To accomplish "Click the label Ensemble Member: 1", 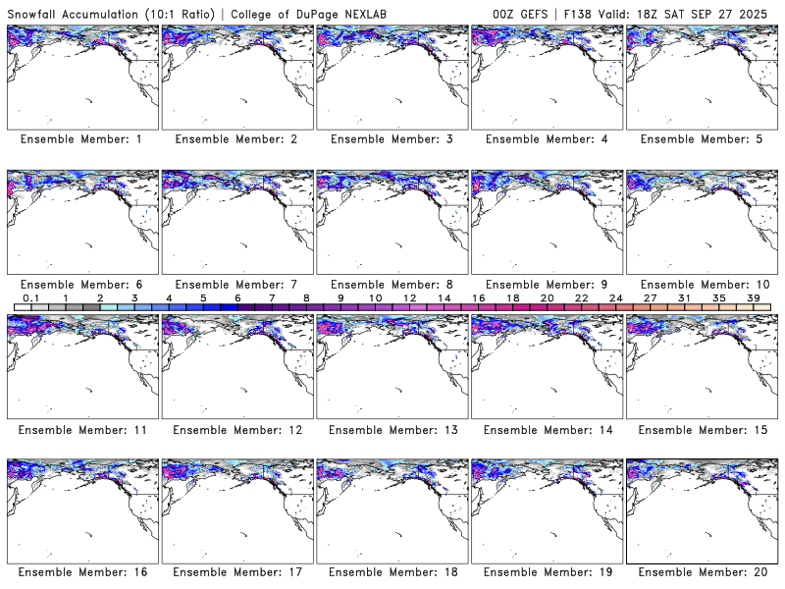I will click(81, 139).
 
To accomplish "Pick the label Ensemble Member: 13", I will click(391, 430).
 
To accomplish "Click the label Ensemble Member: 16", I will click(81, 571).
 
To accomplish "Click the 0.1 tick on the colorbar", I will click(30, 297).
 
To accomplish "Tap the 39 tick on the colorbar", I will click(754, 297).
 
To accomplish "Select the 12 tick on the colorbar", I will click(409, 297).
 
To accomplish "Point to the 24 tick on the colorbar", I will click(615, 297).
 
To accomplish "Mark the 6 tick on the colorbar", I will click(237, 297).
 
